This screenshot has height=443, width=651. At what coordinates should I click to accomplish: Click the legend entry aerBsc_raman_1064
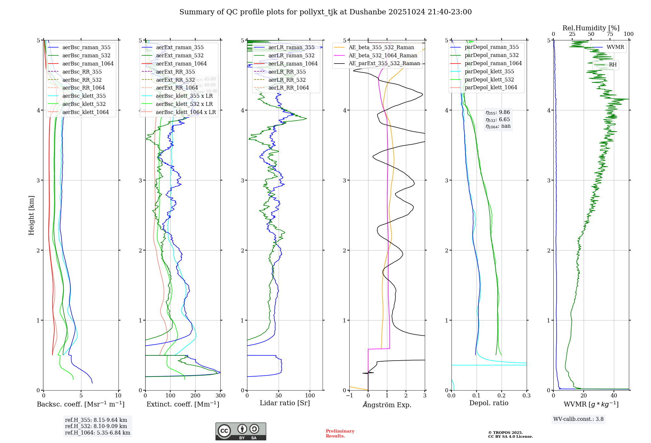point(88,64)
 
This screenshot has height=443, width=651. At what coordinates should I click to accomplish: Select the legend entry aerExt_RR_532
point(175,80)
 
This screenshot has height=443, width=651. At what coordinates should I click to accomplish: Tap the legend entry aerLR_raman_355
point(291,48)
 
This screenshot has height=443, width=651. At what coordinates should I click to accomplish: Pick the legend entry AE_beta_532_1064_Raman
point(383,56)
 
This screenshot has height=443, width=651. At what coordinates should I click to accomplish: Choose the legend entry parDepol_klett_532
point(489,79)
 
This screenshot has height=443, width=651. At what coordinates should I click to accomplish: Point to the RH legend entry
point(613,65)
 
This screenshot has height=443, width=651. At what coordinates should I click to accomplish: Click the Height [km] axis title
point(31,215)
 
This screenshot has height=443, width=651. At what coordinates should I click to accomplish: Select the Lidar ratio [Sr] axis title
point(285,403)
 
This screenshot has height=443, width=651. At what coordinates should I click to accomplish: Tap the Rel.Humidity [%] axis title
point(591,28)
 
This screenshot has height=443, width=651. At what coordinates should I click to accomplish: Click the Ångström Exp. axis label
point(387,405)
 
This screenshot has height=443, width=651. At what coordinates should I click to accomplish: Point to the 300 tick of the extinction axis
point(221,396)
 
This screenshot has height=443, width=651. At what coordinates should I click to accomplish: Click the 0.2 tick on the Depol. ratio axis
point(502,396)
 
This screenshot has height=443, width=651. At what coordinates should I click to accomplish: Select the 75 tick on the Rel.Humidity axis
point(610,34)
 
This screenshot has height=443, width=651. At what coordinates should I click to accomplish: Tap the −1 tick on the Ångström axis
point(349,396)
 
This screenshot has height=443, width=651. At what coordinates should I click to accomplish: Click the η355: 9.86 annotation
point(498,112)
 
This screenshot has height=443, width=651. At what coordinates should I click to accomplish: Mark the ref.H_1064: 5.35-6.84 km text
point(98,433)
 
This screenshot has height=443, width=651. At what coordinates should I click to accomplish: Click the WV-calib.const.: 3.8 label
point(578,419)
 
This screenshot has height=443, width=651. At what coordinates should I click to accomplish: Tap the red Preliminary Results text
point(340,434)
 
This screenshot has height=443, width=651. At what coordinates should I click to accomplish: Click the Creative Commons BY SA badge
point(241,432)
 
